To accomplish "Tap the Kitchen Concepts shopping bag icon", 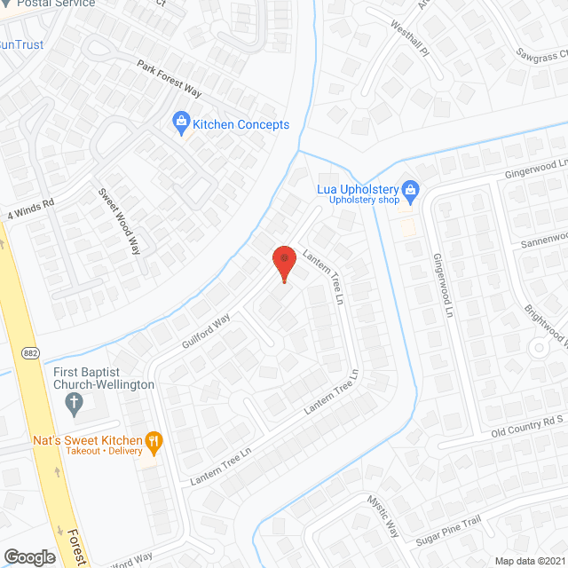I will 181,121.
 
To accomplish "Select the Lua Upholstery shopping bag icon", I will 410,188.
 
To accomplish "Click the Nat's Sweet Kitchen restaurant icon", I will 154,440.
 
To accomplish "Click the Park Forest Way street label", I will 170,79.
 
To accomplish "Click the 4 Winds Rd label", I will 31,209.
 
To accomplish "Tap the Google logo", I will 29,556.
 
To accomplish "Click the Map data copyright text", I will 531,561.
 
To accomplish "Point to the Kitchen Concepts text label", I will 241,124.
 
